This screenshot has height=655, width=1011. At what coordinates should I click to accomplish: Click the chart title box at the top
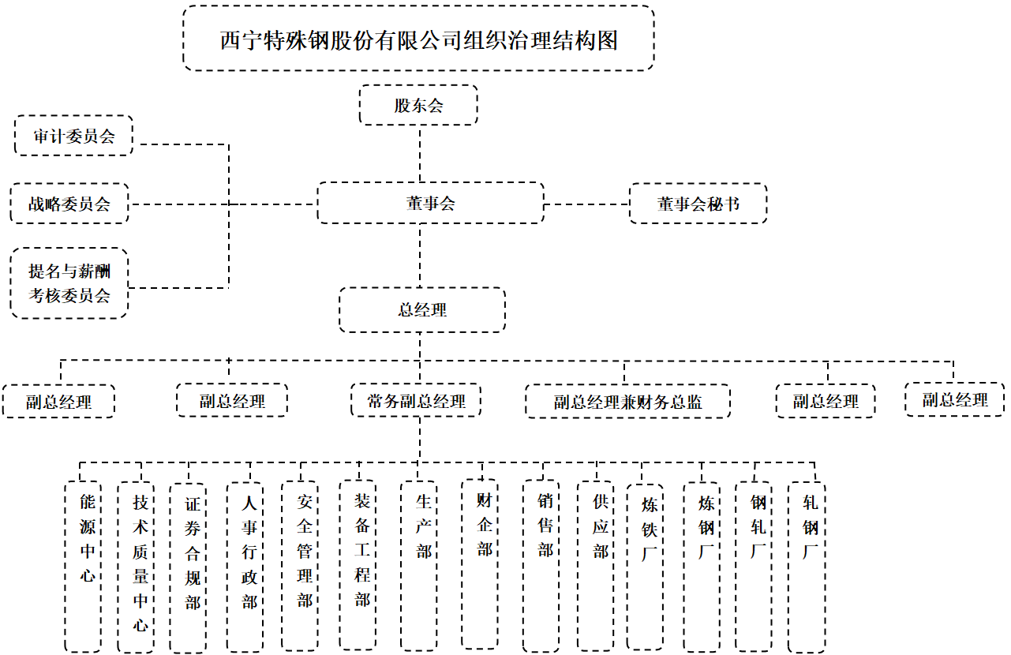click(x=418, y=39)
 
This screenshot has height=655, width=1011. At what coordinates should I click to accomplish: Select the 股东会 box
click(x=418, y=105)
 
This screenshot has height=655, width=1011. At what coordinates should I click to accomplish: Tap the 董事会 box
click(x=430, y=203)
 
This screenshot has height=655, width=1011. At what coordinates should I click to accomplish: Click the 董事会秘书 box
click(x=698, y=204)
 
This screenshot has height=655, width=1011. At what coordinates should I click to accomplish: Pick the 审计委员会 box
click(x=73, y=136)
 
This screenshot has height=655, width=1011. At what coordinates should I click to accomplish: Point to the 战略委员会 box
click(x=69, y=204)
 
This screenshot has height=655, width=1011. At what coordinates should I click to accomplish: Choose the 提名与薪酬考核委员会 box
click(x=69, y=283)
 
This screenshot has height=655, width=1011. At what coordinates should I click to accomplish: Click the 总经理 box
click(x=422, y=309)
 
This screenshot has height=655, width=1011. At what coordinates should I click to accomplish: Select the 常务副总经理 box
click(x=416, y=401)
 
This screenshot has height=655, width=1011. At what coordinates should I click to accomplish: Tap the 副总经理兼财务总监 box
click(x=627, y=402)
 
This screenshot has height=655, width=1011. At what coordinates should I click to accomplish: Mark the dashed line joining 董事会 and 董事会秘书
click(x=586, y=204)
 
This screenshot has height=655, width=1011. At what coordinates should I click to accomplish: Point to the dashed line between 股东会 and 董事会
click(x=420, y=153)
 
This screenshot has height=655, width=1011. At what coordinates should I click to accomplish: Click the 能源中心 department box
click(x=83, y=567)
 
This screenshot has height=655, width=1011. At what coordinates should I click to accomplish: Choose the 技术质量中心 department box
click(x=136, y=567)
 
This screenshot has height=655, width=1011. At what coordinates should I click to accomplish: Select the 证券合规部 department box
click(x=188, y=567)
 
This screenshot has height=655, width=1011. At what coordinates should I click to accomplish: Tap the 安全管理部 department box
click(x=300, y=566)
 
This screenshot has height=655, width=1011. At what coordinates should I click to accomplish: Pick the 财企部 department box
click(x=480, y=564)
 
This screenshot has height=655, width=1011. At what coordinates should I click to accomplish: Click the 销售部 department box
click(x=541, y=566)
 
